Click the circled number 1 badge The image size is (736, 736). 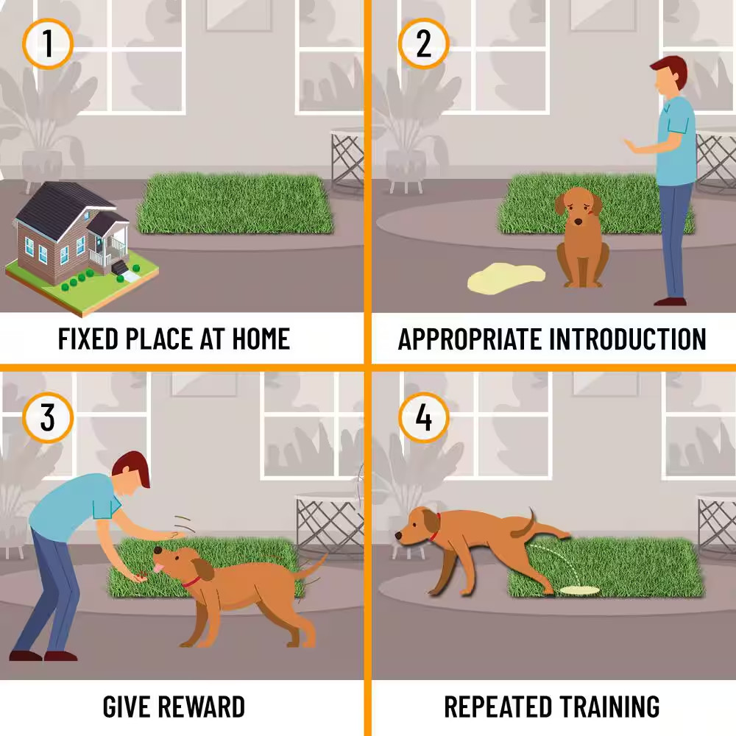(47, 43)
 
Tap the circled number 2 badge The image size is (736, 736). (423, 43)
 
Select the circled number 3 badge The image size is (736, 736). (47, 417)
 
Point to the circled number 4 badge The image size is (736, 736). (423, 417)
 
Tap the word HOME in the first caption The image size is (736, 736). (261, 339)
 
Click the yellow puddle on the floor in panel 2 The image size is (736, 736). (506, 279)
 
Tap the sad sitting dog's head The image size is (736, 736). (578, 207)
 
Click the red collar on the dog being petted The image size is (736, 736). (191, 582)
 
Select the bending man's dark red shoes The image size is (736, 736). (43, 655)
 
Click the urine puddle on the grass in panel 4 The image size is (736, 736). (580, 590)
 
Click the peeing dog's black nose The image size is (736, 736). (398, 534)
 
